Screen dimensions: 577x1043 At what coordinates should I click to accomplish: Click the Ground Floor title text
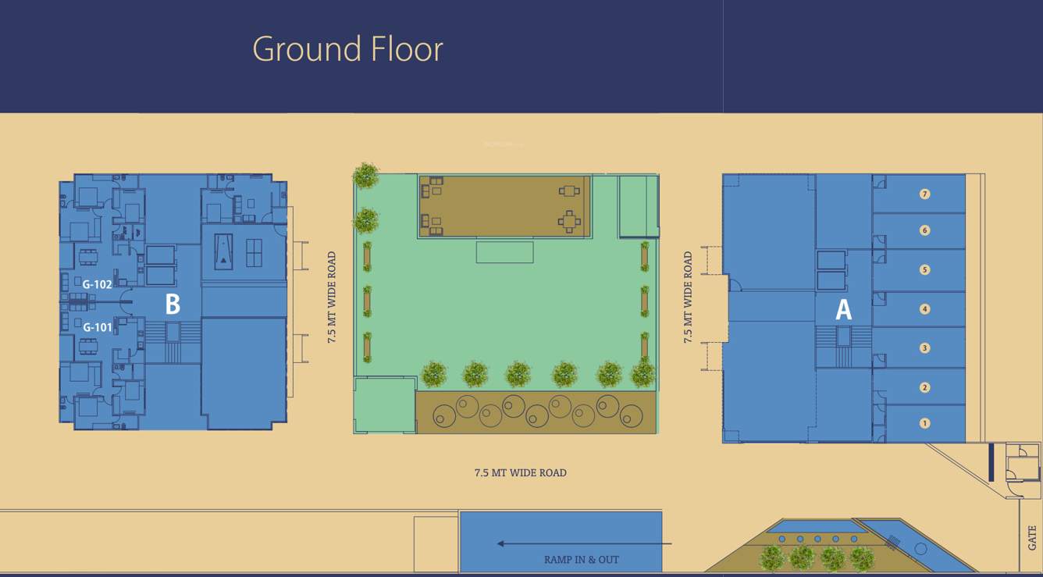[347, 49]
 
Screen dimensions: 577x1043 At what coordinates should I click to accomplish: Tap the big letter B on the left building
[173, 305]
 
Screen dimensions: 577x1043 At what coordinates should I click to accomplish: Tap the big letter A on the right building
[843, 310]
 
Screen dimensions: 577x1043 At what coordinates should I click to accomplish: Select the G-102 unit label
[98, 284]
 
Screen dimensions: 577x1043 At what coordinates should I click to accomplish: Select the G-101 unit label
[98, 327]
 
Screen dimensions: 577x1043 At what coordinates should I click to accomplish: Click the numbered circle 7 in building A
[925, 194]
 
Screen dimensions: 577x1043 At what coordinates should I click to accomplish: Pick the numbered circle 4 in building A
[925, 309]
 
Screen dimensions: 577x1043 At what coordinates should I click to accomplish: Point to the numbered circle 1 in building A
[925, 423]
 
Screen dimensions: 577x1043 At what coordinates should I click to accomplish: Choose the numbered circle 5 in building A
[925, 270]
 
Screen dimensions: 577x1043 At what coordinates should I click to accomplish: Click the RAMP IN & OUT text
[582, 560]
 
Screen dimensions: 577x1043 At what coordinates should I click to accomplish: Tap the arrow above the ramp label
[584, 543]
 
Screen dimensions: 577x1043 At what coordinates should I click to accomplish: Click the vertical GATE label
[1032, 537]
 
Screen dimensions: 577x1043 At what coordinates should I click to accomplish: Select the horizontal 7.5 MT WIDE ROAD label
[520, 472]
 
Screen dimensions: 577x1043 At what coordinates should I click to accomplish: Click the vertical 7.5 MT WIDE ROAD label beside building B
[332, 297]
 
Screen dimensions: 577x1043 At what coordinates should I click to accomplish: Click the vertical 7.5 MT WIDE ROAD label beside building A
[688, 297]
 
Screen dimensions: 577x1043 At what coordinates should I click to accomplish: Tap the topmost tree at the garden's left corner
[365, 176]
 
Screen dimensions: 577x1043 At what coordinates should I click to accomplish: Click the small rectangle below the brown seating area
[504, 252]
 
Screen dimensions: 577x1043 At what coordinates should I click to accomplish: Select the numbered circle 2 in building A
[925, 387]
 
